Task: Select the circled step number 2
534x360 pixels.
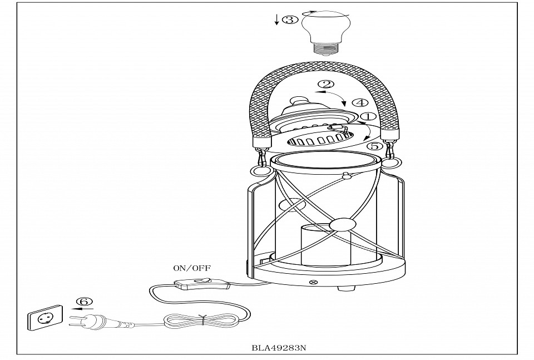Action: [x=326, y=85]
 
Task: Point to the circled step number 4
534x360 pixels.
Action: [x=360, y=103]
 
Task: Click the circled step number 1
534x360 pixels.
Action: [x=367, y=117]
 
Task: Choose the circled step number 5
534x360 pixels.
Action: [x=375, y=146]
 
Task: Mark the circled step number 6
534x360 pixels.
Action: [x=85, y=301]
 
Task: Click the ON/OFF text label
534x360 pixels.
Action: [x=192, y=268]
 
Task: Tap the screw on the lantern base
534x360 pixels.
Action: [x=312, y=283]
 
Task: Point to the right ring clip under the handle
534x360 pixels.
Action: [x=392, y=162]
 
